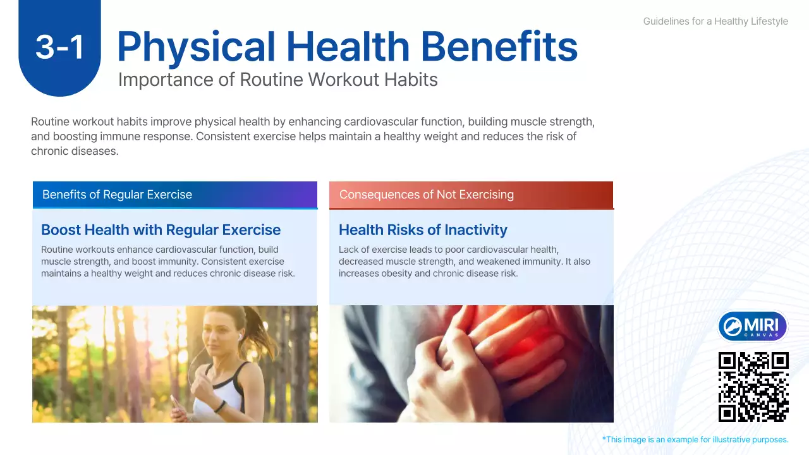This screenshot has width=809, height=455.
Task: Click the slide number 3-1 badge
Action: [x=59, y=47]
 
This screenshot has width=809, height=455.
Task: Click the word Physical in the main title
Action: [x=197, y=47]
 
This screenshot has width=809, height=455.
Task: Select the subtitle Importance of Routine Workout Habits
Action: [x=277, y=80]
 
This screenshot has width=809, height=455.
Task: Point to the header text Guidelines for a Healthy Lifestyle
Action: [x=715, y=21]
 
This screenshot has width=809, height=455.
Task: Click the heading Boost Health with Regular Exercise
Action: [x=161, y=230]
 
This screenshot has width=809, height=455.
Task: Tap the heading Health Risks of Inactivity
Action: [x=423, y=230]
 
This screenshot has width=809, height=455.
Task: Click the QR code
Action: [x=753, y=387]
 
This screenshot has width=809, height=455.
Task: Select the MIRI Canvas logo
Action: [x=753, y=327]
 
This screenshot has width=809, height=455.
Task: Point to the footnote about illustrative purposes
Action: [x=695, y=440]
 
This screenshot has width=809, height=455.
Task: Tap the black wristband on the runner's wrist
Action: [x=219, y=406]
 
